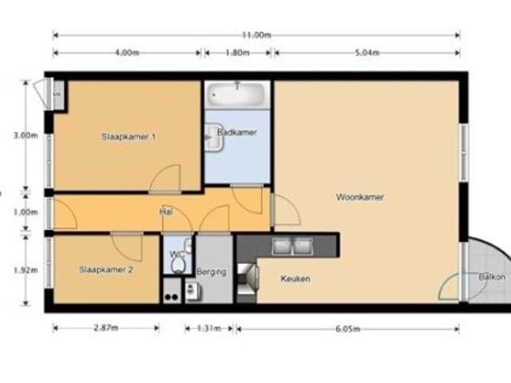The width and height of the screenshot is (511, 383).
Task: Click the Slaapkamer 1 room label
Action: click(129, 136)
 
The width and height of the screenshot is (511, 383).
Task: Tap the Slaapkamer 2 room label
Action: click(106, 270)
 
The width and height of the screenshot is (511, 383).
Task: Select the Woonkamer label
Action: click(360, 197)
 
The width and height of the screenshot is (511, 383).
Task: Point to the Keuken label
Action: click(295, 278)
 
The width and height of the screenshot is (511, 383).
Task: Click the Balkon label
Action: click(492, 277)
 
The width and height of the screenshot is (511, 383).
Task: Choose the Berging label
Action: click(211, 272)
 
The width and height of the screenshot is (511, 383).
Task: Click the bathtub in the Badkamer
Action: click(237, 94)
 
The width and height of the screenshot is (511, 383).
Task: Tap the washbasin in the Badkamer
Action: click(214, 137)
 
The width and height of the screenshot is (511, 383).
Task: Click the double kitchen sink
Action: click(292, 247)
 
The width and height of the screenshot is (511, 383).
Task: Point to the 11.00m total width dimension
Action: click(256, 35)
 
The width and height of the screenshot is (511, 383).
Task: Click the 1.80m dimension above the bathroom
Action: click(238, 53)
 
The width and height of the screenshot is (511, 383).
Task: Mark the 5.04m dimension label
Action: click(367, 53)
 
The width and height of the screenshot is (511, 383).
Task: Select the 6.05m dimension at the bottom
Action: click(348, 329)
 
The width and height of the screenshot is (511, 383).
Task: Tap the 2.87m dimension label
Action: click(106, 328)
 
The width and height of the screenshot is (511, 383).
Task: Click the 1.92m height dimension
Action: click(26, 270)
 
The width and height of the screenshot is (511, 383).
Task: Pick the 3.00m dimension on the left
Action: click(26, 136)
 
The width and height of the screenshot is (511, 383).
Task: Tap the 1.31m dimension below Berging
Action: click(209, 328)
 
